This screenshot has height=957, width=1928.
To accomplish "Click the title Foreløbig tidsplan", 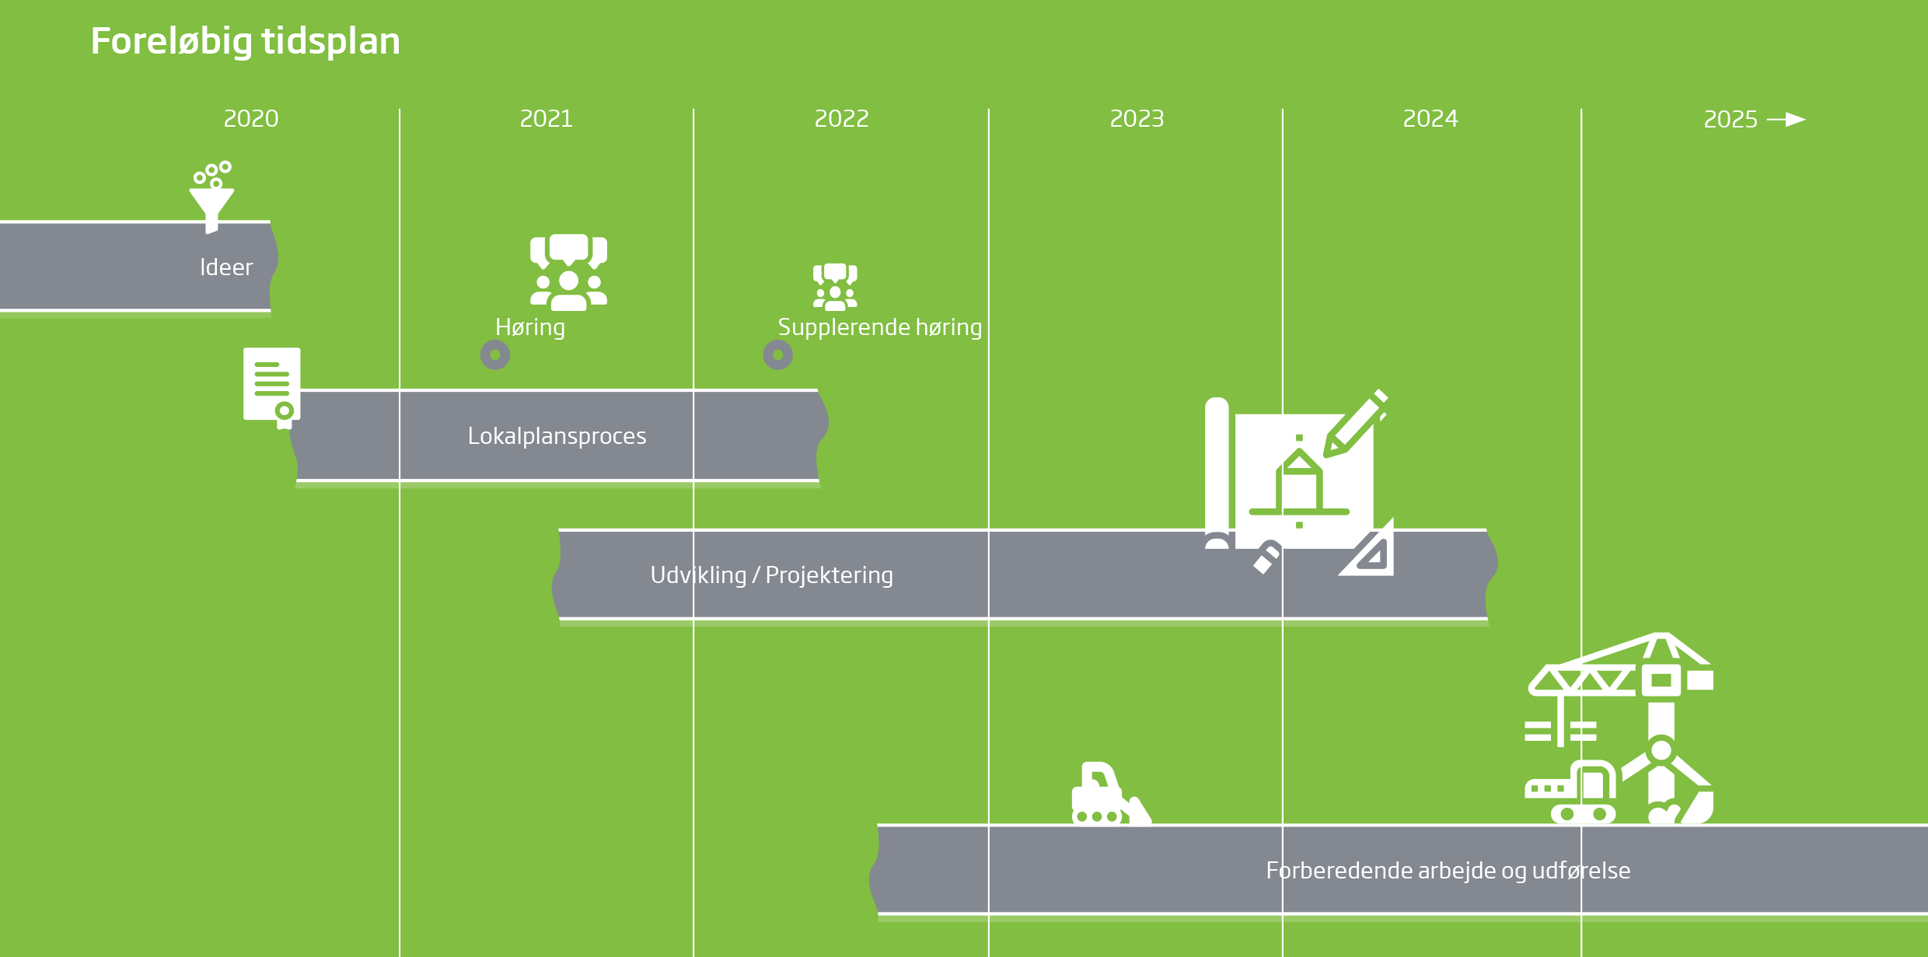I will click(x=245, y=41).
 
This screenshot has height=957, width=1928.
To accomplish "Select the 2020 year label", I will click(x=250, y=119).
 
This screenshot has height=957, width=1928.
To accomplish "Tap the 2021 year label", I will click(x=546, y=119).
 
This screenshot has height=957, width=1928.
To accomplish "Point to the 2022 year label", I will click(x=841, y=119).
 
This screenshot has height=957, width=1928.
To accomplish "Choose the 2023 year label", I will click(x=1137, y=119).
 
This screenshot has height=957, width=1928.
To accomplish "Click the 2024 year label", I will click(x=1430, y=119).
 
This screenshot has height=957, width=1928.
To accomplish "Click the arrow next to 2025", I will click(x=1787, y=120).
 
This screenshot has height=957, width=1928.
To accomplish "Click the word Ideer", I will click(x=226, y=267).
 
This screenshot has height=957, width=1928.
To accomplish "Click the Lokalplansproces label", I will click(x=557, y=436).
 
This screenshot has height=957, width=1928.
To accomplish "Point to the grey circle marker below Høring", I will click(x=495, y=355).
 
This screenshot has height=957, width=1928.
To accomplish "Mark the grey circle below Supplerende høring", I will click(x=777, y=355).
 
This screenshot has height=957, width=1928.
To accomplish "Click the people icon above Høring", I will click(x=568, y=272).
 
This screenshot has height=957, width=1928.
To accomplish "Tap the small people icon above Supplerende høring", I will click(x=835, y=287).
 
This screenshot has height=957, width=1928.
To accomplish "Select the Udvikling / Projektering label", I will click(x=771, y=575).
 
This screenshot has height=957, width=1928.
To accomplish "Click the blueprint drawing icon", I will click(x=1298, y=482).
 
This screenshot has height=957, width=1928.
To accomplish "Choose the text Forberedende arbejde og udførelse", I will click(x=1448, y=871).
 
